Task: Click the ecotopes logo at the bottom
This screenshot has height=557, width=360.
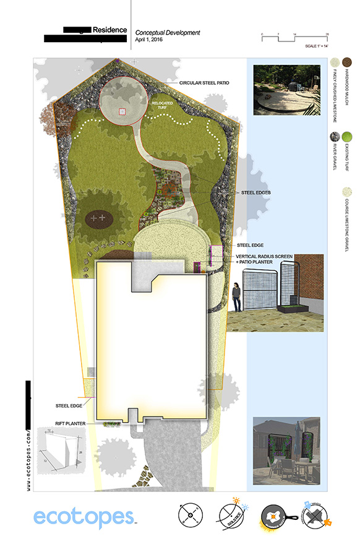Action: (x=83, y=517)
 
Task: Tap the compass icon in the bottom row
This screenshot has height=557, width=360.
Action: (x=191, y=516)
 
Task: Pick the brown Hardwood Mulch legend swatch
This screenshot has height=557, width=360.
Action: (x=347, y=62)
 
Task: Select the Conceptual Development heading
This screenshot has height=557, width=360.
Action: (x=168, y=32)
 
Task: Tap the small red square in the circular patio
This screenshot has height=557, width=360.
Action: (x=122, y=111)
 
